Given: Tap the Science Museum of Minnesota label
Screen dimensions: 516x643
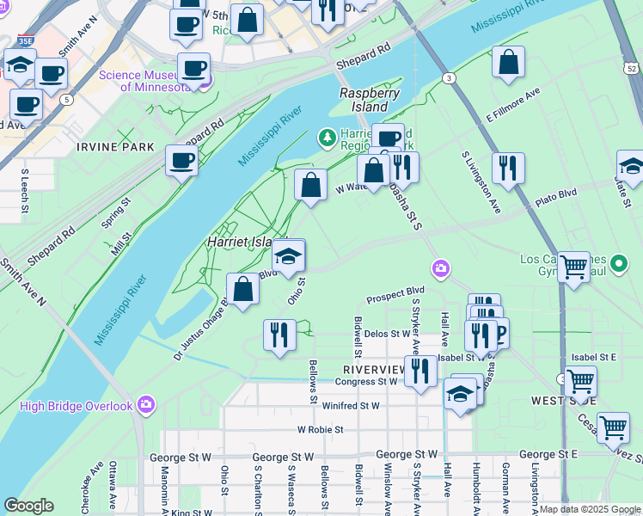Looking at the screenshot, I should [144, 81].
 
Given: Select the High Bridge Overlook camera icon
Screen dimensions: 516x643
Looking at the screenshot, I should [146, 404].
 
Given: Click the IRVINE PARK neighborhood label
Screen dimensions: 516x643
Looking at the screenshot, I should [116, 147].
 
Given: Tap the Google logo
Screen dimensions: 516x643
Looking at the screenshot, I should [28, 506].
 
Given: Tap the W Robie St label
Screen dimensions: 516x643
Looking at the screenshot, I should [321, 429].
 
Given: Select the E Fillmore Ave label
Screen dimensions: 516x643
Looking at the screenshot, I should [513, 104].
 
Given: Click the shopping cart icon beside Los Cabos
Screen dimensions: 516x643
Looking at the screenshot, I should [573, 266].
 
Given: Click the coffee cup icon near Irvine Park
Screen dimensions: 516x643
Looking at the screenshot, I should [181, 160].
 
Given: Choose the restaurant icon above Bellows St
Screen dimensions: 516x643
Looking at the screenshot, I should [279, 334].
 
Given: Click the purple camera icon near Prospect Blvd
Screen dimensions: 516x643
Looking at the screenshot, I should [441, 270].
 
